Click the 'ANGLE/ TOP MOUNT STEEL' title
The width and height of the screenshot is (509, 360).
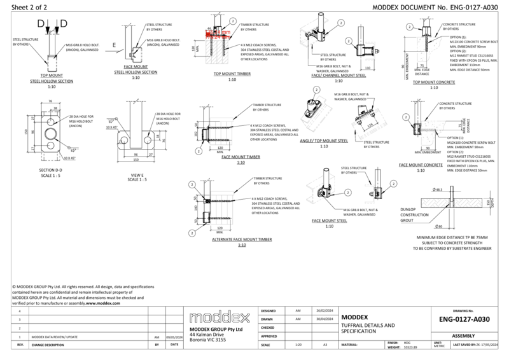point(324,141)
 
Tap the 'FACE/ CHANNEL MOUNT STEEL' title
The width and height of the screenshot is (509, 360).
point(337,75)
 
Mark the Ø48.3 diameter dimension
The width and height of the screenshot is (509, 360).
point(438,190)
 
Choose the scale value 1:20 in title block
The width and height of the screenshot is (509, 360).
point(298,344)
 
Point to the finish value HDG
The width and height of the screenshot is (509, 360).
point(407,342)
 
